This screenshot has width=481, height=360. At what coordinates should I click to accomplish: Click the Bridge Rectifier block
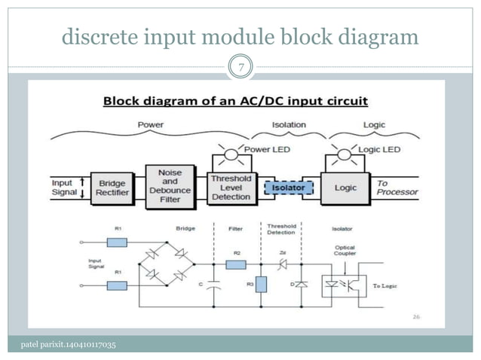pyautogui.click(x=113, y=188)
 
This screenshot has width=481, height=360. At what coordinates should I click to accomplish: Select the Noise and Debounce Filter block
pyautogui.click(x=170, y=186)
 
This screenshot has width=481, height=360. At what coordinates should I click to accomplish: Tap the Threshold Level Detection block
pyautogui.click(x=230, y=187)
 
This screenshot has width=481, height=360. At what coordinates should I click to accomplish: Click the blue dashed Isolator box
pyautogui.click(x=288, y=186)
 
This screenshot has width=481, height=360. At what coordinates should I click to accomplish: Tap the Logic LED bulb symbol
pyautogui.click(x=344, y=154)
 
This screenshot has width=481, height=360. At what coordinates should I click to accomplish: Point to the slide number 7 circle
pyautogui.click(x=240, y=69)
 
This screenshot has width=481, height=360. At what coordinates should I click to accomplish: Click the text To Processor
pyautogui.click(x=397, y=188)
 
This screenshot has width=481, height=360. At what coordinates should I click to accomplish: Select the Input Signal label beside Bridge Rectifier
pyautogui.click(x=62, y=188)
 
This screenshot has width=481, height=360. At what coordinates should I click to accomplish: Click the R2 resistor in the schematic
pyautogui.click(x=236, y=265)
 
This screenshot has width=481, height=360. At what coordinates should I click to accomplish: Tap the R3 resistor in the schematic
pyautogui.click(x=260, y=284)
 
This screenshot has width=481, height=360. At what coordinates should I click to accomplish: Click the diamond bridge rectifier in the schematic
pyautogui.click(x=165, y=265)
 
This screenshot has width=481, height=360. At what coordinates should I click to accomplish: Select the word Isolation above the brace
pyautogui.click(x=288, y=124)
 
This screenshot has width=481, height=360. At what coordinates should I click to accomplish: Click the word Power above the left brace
pyautogui.click(x=151, y=124)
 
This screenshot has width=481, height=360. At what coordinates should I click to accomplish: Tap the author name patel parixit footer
pyautogui.click(x=69, y=345)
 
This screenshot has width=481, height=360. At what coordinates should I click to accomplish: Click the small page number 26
pyautogui.click(x=415, y=317)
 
